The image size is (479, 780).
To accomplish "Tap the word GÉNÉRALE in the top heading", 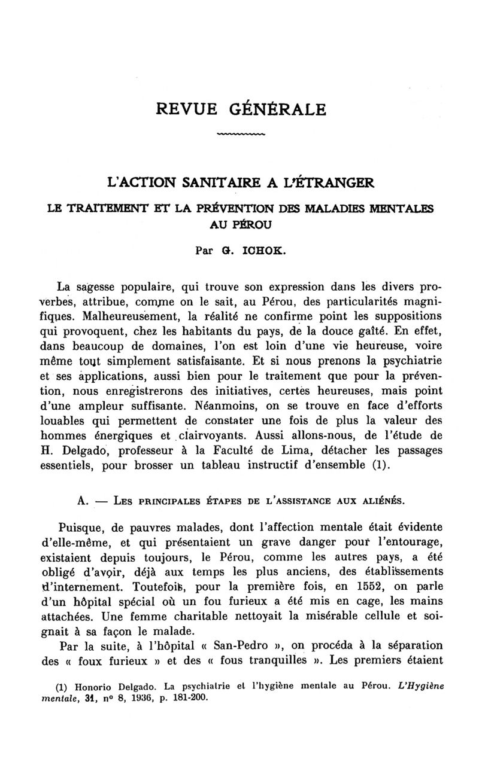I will [278, 109].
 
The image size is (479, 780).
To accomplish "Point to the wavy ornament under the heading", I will [239, 134].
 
